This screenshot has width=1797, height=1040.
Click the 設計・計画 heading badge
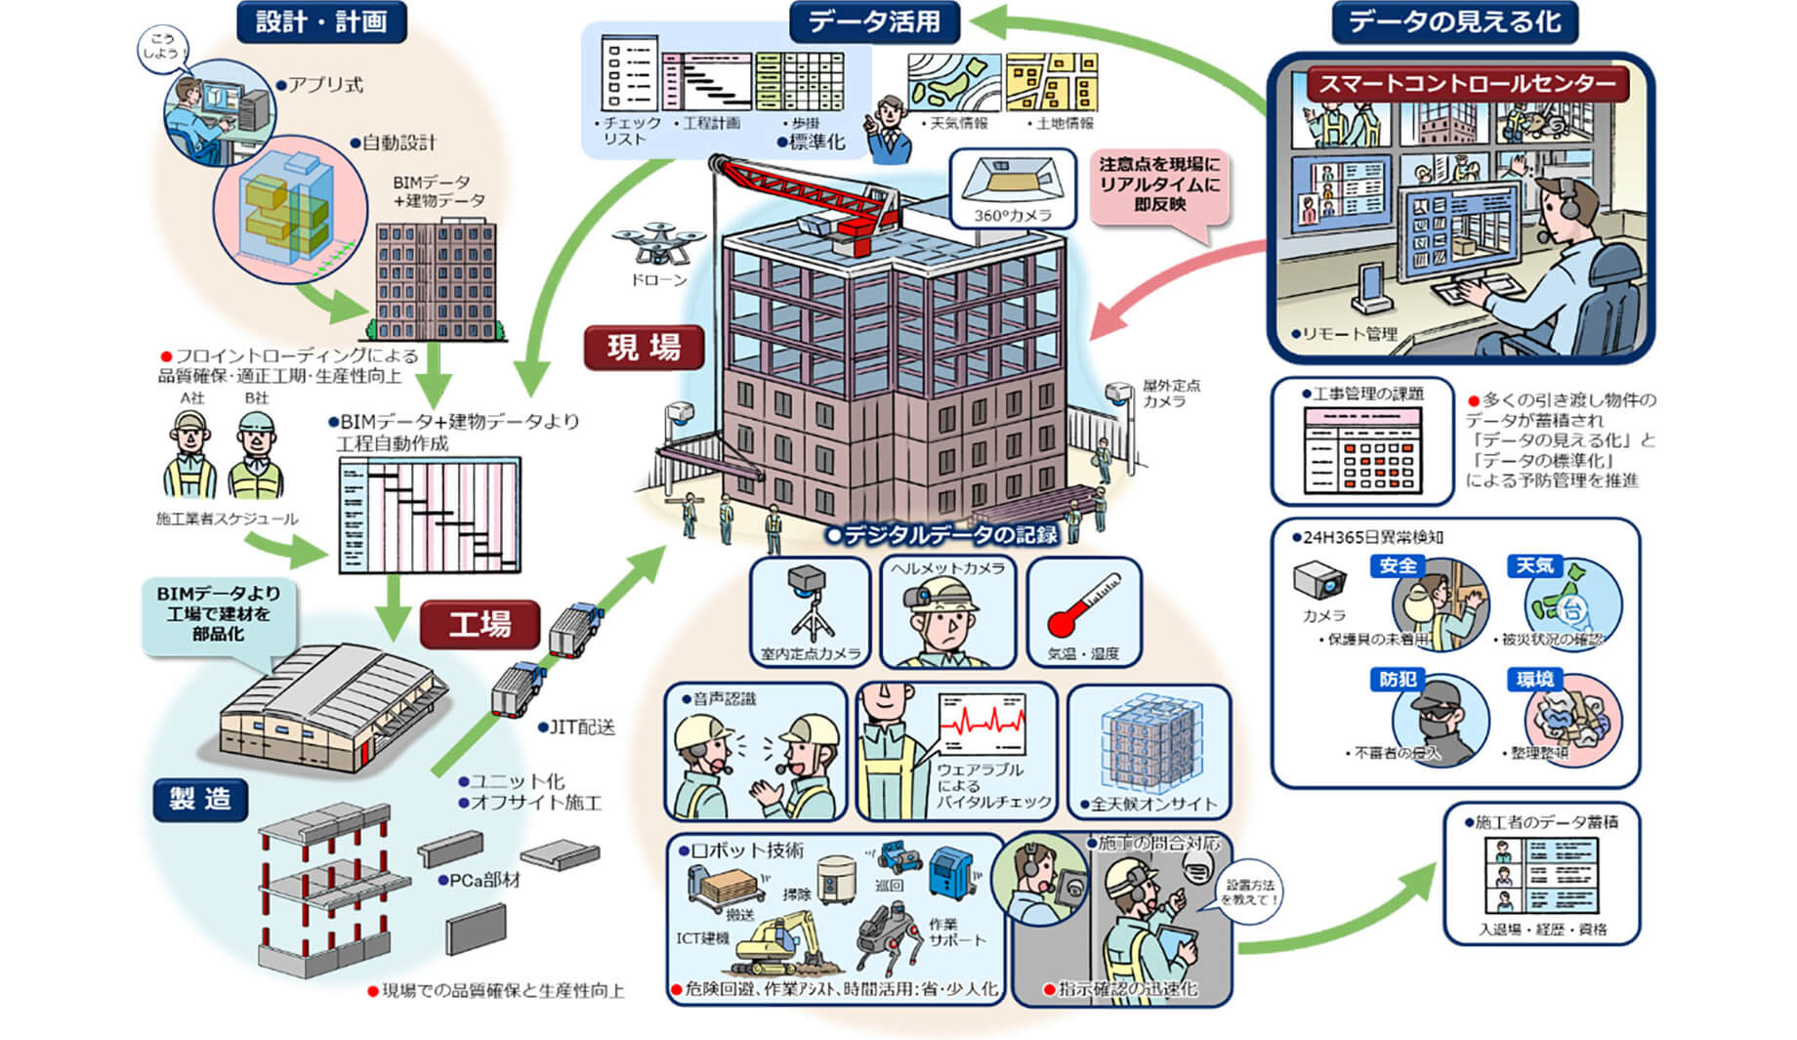point(320,21)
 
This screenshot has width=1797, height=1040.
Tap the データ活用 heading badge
point(873,21)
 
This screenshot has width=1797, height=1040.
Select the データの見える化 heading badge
point(1454,21)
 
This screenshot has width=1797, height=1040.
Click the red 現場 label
point(644,348)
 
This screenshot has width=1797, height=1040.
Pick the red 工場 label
point(480,624)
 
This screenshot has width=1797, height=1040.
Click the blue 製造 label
point(200,799)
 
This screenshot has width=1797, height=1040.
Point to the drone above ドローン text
point(658,243)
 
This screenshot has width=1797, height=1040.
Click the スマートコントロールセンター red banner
point(1467,84)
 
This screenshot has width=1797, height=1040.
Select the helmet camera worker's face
point(945,625)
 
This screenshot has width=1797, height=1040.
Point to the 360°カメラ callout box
point(1012,187)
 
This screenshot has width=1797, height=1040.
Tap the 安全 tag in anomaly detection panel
point(1398,565)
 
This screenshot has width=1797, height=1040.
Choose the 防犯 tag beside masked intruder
point(1398,679)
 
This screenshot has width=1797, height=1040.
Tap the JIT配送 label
point(582,728)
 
